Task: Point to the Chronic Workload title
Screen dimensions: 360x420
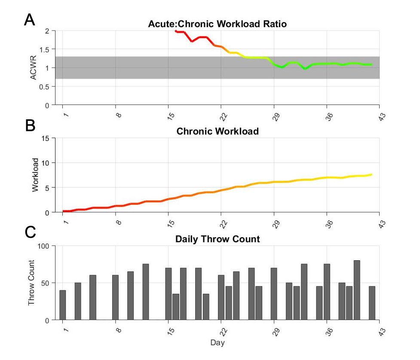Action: (218, 131)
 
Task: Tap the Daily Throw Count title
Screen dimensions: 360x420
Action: (218, 239)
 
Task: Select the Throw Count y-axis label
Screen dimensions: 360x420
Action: (31, 283)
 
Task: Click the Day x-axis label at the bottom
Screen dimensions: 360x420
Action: (218, 343)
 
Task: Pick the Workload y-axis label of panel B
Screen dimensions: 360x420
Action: (36, 175)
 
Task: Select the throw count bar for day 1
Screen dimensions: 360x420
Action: (63, 305)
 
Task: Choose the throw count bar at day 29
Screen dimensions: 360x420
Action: (274, 294)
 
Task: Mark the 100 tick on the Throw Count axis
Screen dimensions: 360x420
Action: (45, 246)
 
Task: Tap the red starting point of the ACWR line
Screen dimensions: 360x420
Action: (176, 31)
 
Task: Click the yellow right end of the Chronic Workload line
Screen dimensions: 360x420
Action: (371, 174)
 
